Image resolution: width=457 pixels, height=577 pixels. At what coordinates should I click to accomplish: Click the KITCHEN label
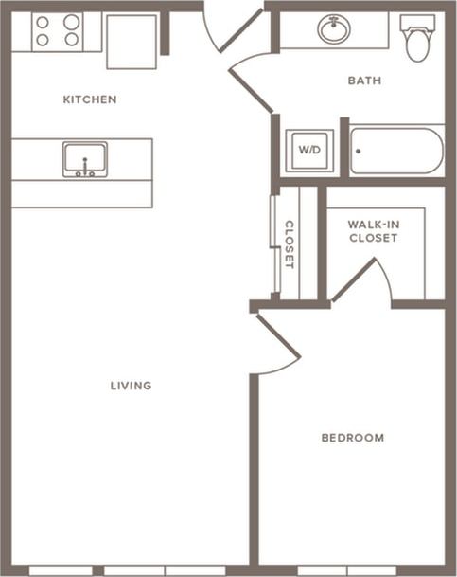pos(90,99)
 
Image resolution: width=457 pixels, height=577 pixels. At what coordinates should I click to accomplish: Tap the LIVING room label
pos(131,386)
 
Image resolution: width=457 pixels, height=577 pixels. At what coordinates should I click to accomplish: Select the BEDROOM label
pos(352,438)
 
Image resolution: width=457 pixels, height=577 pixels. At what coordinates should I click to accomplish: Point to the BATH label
pos(364,81)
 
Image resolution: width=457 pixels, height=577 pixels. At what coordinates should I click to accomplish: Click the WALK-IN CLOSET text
pos(373,231)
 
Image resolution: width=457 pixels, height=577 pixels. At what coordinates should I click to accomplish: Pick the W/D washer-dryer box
pos(309,150)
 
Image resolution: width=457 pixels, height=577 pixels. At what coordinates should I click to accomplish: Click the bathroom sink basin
pos(334,29)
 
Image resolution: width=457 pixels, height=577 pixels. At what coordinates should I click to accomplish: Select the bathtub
pos(396,152)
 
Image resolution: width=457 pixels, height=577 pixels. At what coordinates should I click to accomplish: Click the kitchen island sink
pos(85,159)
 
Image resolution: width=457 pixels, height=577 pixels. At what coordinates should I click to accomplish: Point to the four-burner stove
pos(58,31)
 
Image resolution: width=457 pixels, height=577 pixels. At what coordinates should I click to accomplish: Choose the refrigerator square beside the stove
pos(132,42)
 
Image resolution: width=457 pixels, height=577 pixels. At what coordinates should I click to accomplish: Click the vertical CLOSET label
pos(290,244)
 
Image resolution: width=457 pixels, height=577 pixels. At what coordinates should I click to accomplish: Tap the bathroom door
pos(254,83)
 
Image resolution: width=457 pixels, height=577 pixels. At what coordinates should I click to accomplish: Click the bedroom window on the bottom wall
pos(347,570)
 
